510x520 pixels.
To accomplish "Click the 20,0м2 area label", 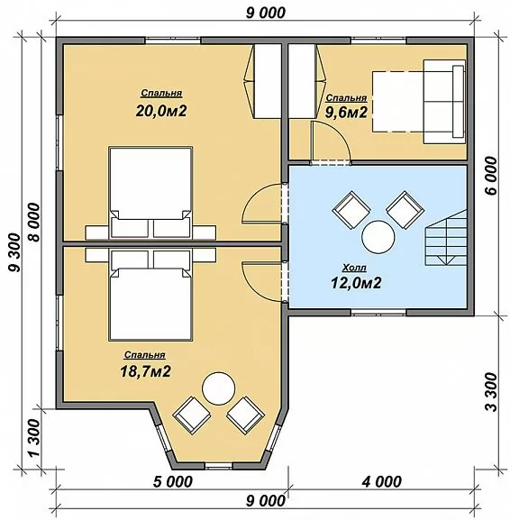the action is pos(161,111).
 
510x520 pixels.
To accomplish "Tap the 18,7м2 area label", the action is pos(145,371).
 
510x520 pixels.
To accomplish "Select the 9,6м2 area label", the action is pos(346,113).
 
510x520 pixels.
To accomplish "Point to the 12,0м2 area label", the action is pos(356,283).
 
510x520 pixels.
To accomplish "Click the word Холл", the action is pos(354,268).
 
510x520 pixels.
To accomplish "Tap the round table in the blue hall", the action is pos(378,237).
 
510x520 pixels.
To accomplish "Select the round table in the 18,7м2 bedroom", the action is pos(219,388).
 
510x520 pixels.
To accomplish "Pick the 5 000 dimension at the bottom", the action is pos(172,481).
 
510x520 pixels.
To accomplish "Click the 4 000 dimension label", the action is pos(381,481).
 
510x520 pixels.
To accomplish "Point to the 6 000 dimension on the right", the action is pos(492,176).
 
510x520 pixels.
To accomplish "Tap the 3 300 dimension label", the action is pos(492,392).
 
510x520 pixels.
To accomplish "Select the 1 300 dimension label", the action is pos(34,438).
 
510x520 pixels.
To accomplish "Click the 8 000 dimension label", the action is pos(34,223).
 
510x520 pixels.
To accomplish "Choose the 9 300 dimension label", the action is pos(14,252).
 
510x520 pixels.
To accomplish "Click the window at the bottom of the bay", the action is pos(218,467).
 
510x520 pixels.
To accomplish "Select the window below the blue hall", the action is pos(378,313).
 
